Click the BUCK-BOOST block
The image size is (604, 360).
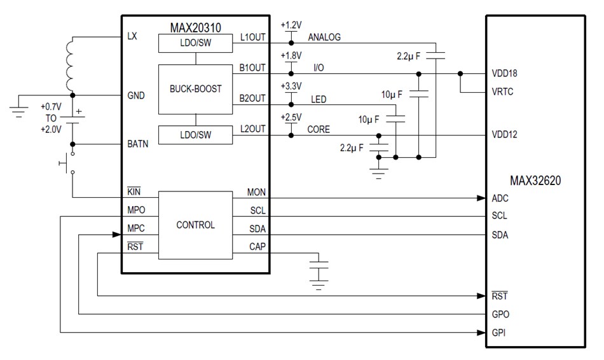click(x=195, y=89)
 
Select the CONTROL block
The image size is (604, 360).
click(x=195, y=225)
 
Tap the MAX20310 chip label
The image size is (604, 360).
click(x=196, y=28)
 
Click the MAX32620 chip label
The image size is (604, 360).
click(x=535, y=181)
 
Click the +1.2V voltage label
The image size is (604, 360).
click(x=291, y=25)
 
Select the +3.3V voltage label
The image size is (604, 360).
click(x=291, y=86)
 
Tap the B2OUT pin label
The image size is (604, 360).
click(x=253, y=99)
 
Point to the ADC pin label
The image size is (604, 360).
click(x=500, y=198)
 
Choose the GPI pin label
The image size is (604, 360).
click(x=499, y=333)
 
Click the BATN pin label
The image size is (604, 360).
click(x=137, y=144)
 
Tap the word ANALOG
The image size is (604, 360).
click(x=324, y=38)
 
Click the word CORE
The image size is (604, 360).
click(x=319, y=129)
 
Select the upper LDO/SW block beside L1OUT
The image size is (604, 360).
click(x=195, y=43)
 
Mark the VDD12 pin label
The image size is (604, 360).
click(x=504, y=135)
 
